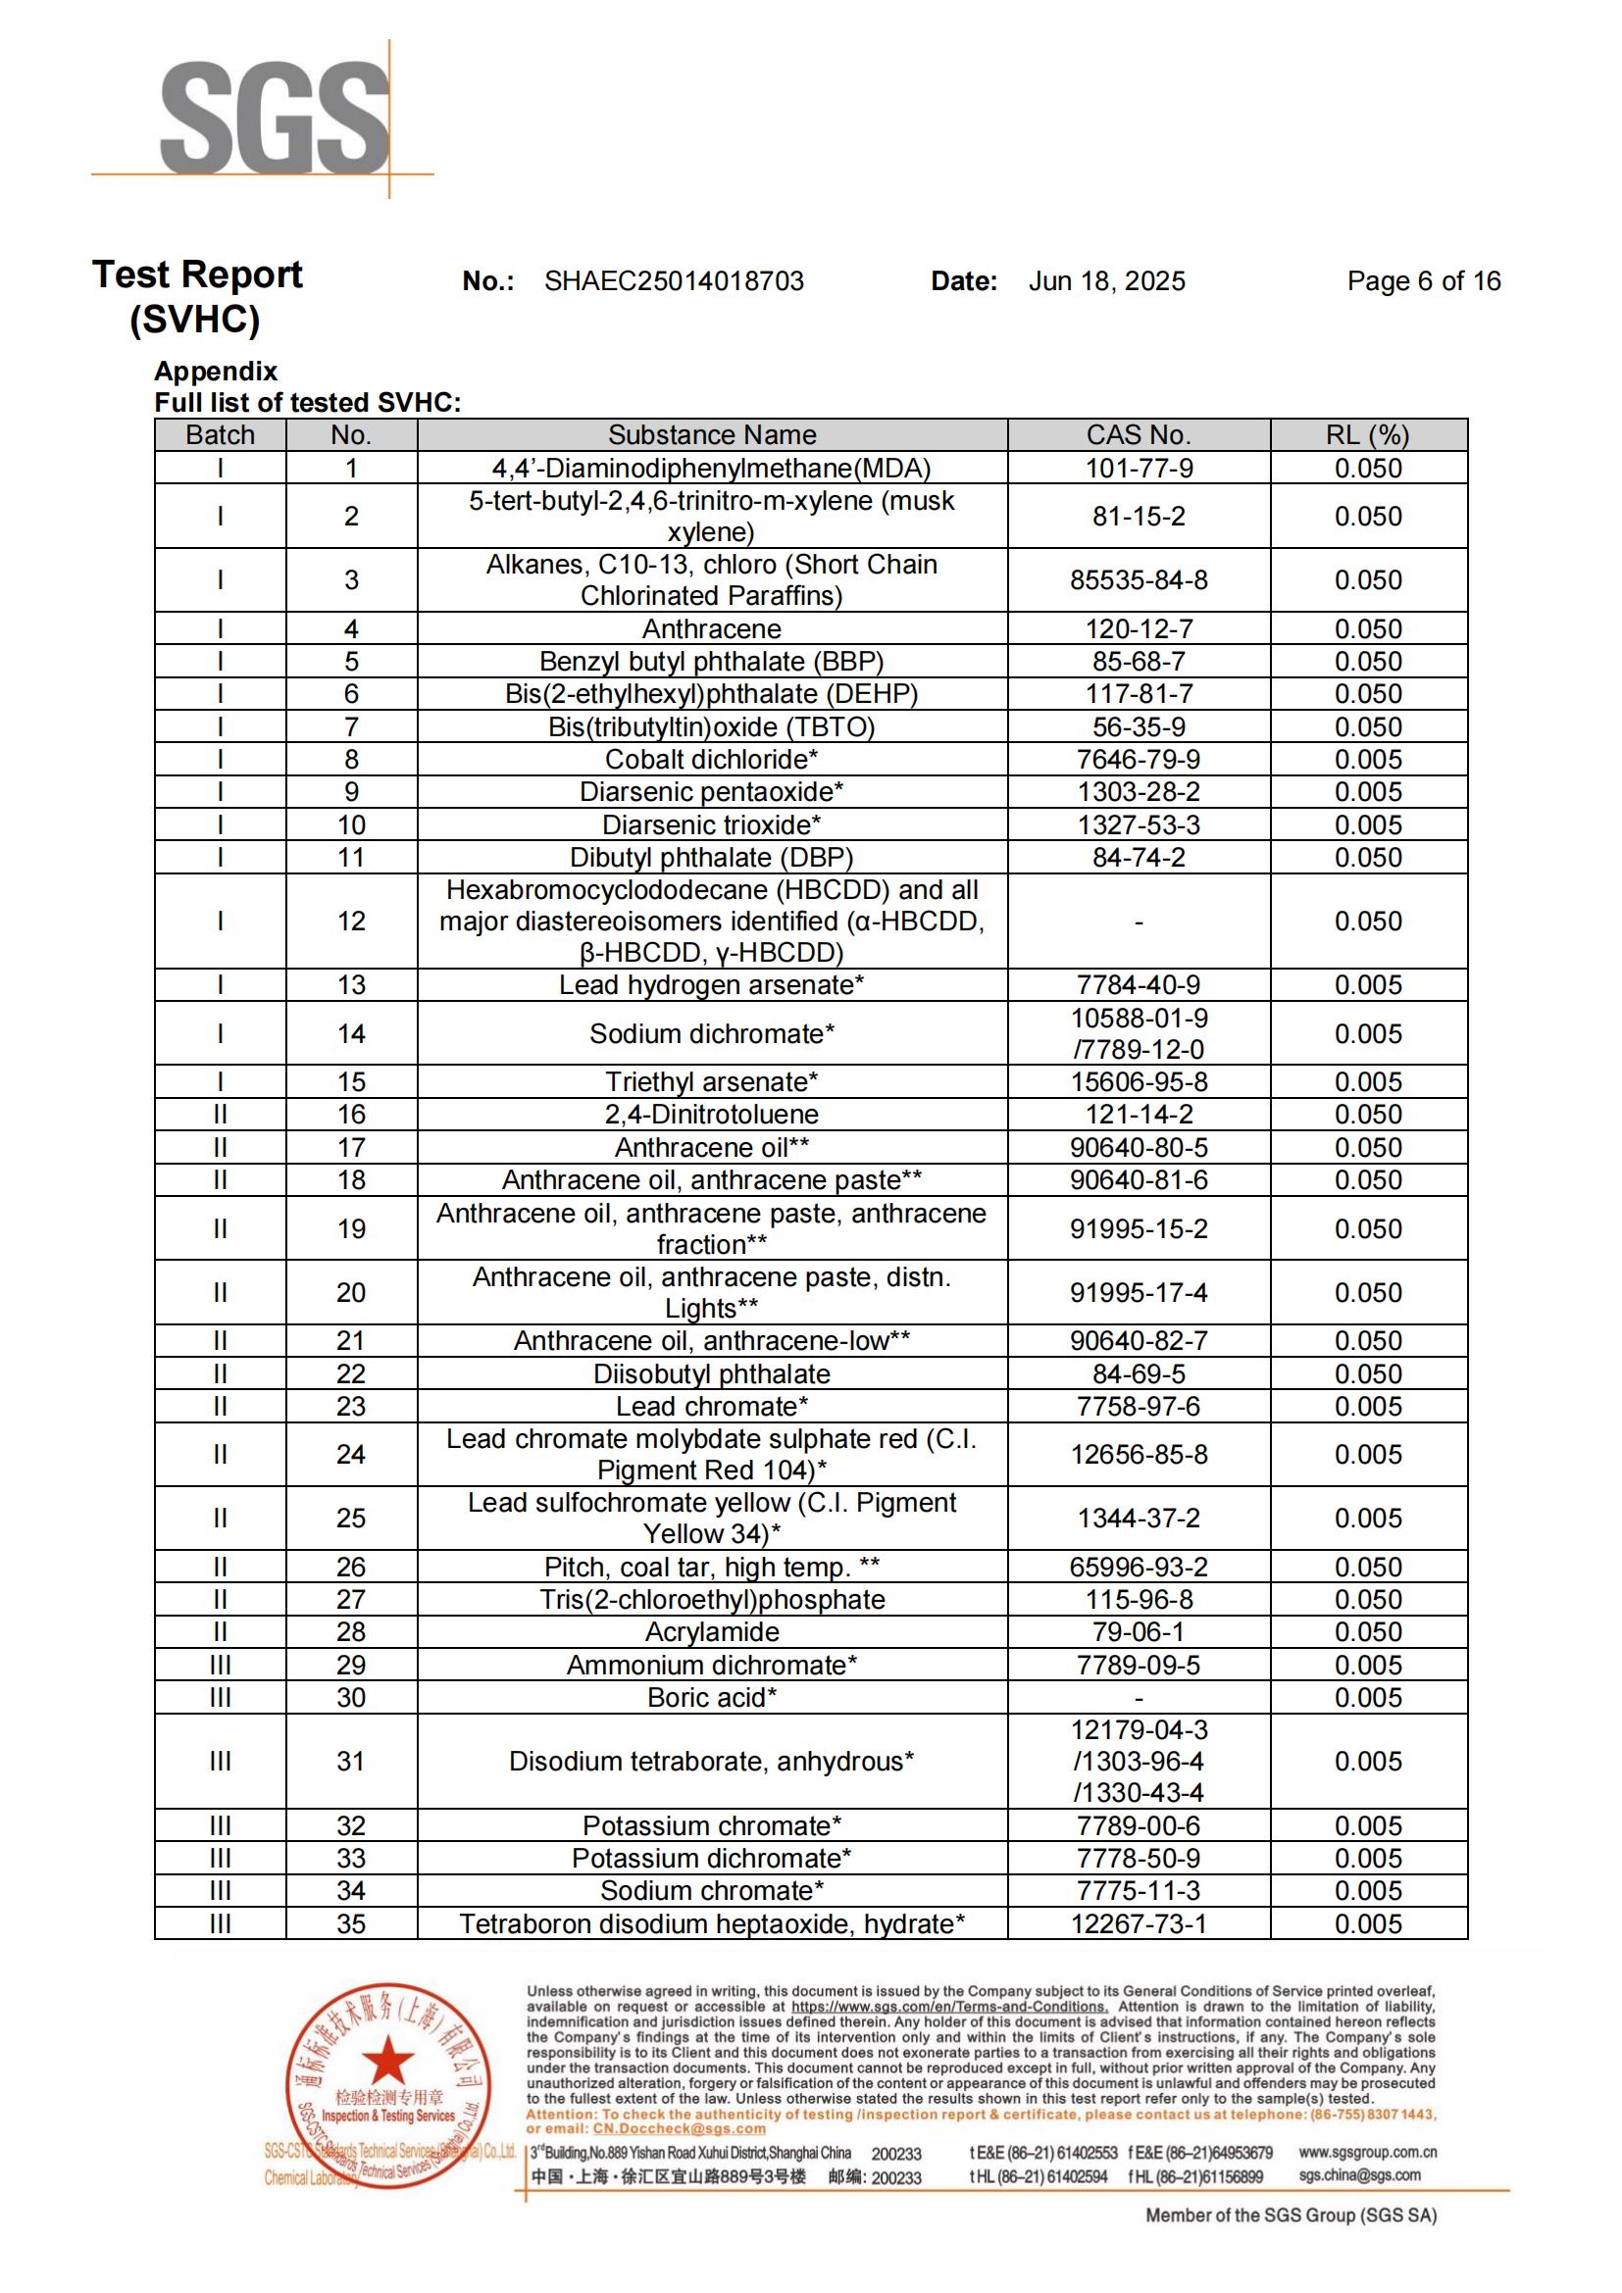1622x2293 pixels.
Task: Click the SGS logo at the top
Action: point(275,118)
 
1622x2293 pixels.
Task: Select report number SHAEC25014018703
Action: point(673,281)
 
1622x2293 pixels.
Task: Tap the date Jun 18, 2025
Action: point(1106,281)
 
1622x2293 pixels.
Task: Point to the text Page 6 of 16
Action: point(1422,281)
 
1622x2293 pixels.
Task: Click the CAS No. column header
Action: point(1138,435)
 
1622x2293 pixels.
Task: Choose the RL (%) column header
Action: point(1367,435)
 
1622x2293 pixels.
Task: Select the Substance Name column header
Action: point(711,435)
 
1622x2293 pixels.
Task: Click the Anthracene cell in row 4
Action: point(711,629)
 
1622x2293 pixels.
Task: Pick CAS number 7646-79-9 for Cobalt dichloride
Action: point(1138,760)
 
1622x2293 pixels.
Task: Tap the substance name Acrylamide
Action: point(711,1632)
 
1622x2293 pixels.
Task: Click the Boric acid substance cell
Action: point(711,1698)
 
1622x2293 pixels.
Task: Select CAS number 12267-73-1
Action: point(1138,1923)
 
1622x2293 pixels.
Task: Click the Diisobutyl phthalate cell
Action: point(711,1374)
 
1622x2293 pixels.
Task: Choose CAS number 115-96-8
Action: point(1139,1600)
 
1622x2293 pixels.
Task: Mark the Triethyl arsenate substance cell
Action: point(711,1082)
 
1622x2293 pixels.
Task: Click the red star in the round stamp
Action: point(387,2060)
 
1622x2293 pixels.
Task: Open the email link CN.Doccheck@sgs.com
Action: point(680,2128)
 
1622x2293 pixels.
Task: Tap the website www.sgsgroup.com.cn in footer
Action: point(1366,2152)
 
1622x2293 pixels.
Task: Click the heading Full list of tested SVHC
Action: point(308,403)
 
